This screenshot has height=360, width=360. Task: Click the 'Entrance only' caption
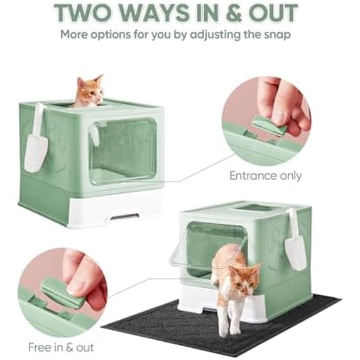tap(265, 176)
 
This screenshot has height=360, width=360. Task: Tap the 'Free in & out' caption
tap(60, 346)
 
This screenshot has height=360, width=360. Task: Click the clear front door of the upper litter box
tap(123, 151)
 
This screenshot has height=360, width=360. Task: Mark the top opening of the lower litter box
tap(254, 207)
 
